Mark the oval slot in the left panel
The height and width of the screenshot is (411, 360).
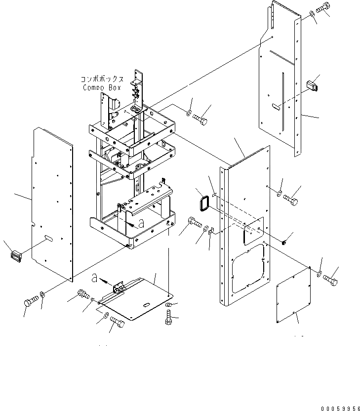pyautogui.click(x=49, y=239)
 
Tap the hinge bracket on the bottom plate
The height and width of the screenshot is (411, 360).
pyautogui.click(x=119, y=288)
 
